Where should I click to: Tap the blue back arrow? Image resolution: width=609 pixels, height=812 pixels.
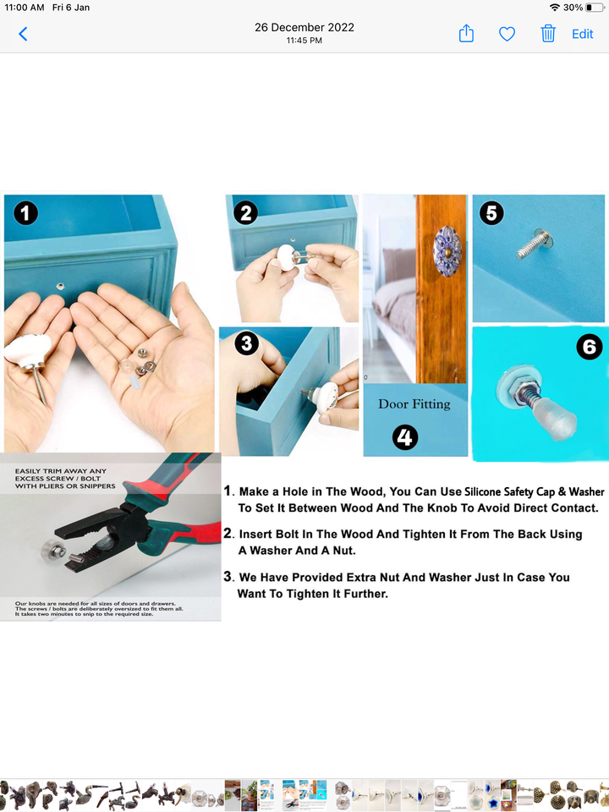point(23,34)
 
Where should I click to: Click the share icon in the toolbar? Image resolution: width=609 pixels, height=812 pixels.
point(466,33)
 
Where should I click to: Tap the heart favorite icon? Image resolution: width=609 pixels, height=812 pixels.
point(507,34)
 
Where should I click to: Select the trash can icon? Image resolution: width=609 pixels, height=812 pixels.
point(548,34)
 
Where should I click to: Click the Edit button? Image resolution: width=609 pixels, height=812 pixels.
point(582,34)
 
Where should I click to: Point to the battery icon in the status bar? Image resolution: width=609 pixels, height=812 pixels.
point(595,8)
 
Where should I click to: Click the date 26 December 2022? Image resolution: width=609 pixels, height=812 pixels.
point(304,27)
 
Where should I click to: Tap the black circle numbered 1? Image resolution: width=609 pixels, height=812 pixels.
point(26,213)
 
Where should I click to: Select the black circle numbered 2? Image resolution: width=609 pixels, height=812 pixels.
point(246,213)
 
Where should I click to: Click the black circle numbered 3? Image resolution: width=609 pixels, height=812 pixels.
point(246,344)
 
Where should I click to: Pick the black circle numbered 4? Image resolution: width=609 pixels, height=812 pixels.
point(405,437)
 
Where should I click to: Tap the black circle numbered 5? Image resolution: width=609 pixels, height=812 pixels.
point(491,213)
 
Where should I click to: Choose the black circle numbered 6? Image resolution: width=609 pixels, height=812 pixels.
point(590,347)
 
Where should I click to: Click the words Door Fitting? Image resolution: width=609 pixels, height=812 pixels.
point(414,404)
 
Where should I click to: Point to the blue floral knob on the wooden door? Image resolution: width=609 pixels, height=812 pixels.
point(447,251)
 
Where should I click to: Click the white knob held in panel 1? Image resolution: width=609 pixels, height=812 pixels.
point(28,351)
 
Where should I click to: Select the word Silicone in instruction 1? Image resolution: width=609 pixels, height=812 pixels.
point(483,491)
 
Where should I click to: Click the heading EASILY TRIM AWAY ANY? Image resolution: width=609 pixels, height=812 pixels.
point(61,471)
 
